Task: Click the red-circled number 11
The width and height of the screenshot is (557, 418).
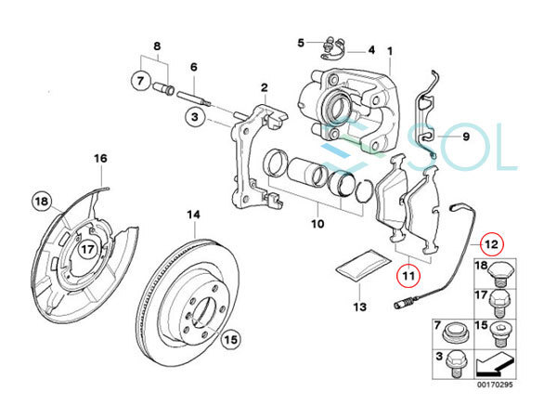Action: pos(407,275)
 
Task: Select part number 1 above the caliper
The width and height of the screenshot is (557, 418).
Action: pos(390,50)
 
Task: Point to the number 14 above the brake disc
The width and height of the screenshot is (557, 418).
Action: pos(194,216)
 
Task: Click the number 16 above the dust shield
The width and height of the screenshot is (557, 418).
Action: pos(101,159)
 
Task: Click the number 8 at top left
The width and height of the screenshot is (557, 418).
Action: pos(156,46)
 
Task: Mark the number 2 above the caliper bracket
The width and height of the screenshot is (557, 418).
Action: pos(264,89)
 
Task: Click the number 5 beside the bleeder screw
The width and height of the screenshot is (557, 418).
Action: pos(301,42)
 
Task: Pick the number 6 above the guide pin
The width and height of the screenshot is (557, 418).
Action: pos(194,68)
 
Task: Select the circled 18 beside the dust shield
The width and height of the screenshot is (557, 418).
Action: pos(40,202)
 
